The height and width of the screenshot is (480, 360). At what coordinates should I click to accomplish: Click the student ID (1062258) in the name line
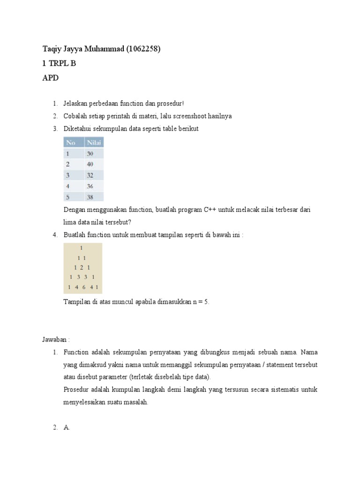143,49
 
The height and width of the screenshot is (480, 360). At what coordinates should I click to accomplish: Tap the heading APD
51,78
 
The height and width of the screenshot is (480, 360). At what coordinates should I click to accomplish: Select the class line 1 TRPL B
59,64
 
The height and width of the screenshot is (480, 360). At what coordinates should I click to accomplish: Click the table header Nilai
94,142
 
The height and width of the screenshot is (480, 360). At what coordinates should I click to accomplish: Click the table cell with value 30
90,153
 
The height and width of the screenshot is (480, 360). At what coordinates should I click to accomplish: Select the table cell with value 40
90,164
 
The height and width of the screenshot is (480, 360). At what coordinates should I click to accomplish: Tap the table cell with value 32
90,175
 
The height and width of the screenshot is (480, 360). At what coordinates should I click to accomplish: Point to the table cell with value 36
90,186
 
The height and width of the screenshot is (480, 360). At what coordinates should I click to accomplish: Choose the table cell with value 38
90,197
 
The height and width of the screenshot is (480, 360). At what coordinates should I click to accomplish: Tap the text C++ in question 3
210,210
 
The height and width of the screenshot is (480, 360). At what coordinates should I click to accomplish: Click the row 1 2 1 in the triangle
82,267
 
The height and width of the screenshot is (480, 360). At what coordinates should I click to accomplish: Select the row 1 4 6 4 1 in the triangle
82,287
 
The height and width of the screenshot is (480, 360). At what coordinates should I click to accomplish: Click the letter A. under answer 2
67,427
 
